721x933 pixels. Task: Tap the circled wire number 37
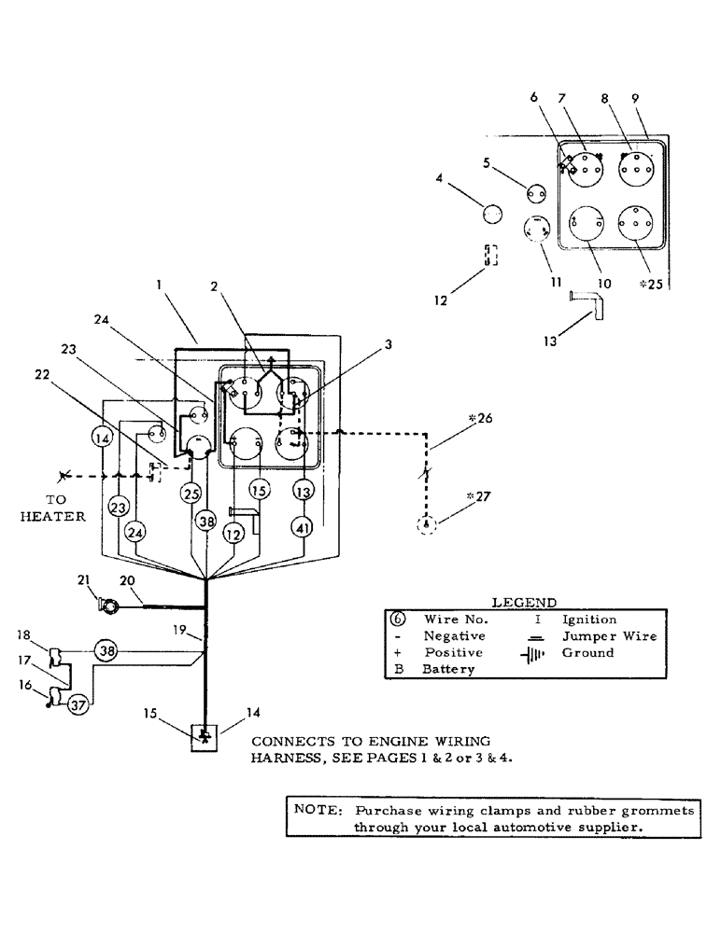click(x=78, y=704)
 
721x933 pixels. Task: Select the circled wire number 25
click(x=191, y=492)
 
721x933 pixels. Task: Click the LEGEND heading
click(x=523, y=603)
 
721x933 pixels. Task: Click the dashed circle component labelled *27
click(x=427, y=525)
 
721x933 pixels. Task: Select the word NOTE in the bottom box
click(x=313, y=810)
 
